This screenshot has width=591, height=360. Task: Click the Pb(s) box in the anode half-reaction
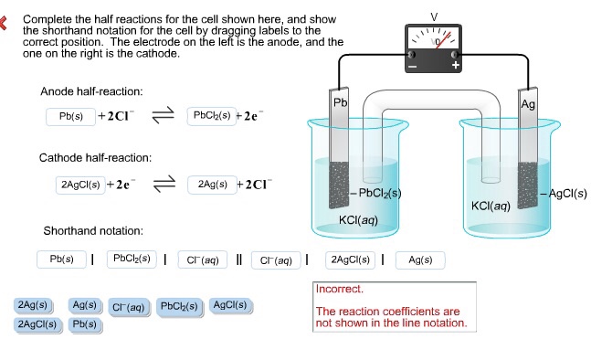click(x=70, y=116)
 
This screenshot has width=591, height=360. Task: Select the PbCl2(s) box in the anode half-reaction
click(x=212, y=116)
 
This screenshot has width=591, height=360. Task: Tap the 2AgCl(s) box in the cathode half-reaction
click(x=80, y=185)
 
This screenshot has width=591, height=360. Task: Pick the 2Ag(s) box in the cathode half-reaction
click(x=213, y=185)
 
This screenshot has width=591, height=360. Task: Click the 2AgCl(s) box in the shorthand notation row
click(x=350, y=260)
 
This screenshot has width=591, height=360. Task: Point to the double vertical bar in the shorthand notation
click(x=239, y=259)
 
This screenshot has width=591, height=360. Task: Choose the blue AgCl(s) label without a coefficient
click(x=230, y=305)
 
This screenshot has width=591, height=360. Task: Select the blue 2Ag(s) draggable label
click(x=33, y=305)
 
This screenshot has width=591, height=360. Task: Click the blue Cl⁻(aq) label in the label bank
click(x=129, y=307)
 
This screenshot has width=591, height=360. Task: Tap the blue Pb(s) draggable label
click(x=84, y=324)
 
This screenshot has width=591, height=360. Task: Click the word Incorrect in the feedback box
click(x=340, y=289)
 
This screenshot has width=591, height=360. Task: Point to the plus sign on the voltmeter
click(x=455, y=65)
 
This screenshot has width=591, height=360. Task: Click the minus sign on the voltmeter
click(x=413, y=67)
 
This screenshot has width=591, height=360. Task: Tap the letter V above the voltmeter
click(x=434, y=17)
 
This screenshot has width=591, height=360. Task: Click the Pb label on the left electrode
click(x=340, y=102)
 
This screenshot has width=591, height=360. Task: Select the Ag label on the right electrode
click(x=528, y=104)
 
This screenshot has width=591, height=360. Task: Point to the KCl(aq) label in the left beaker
click(x=358, y=220)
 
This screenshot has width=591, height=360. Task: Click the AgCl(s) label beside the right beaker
click(x=567, y=194)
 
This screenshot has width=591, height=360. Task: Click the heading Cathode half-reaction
click(x=95, y=157)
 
